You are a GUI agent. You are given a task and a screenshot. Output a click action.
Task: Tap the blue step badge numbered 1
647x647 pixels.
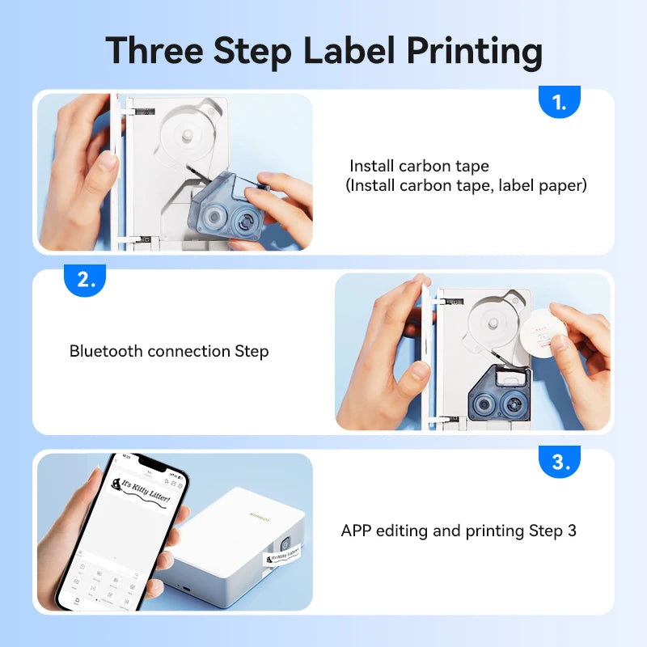[560, 103]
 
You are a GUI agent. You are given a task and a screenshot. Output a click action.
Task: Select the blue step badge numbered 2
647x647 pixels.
[85, 281]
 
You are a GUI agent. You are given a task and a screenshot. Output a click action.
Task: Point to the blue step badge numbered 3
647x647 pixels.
[560, 463]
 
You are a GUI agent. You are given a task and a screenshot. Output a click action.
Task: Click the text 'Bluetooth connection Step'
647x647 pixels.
[169, 351]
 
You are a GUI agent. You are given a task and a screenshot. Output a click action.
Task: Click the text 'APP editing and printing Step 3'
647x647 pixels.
[459, 531]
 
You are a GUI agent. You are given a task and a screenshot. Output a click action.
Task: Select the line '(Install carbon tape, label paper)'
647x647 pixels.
[466, 186]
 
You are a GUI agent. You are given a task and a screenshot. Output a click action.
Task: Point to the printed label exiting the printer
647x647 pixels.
[284, 556]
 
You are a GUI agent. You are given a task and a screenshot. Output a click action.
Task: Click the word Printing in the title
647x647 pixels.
[474, 50]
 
